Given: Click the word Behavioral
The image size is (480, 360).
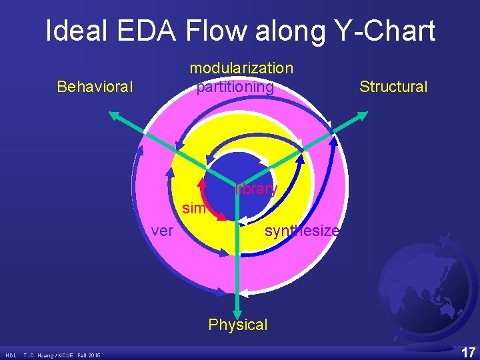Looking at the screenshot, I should pos(95,87).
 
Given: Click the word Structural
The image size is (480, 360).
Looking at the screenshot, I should pos(393,87).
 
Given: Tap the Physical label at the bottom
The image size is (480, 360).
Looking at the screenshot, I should pos(237,325).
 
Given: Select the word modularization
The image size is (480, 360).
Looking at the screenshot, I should pos(241,68).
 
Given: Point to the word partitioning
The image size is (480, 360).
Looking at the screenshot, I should pos(235,87).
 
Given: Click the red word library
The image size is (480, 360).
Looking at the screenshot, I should pos(257,189).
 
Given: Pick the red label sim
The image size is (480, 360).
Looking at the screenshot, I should pos(193,209).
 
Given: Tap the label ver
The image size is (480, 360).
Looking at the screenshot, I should pos(163,231).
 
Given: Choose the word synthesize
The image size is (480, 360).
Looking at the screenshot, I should pos(302,231).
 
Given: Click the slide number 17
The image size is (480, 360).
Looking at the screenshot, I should pos(468,351).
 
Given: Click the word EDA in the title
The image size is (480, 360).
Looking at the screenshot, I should pos(155,31).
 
